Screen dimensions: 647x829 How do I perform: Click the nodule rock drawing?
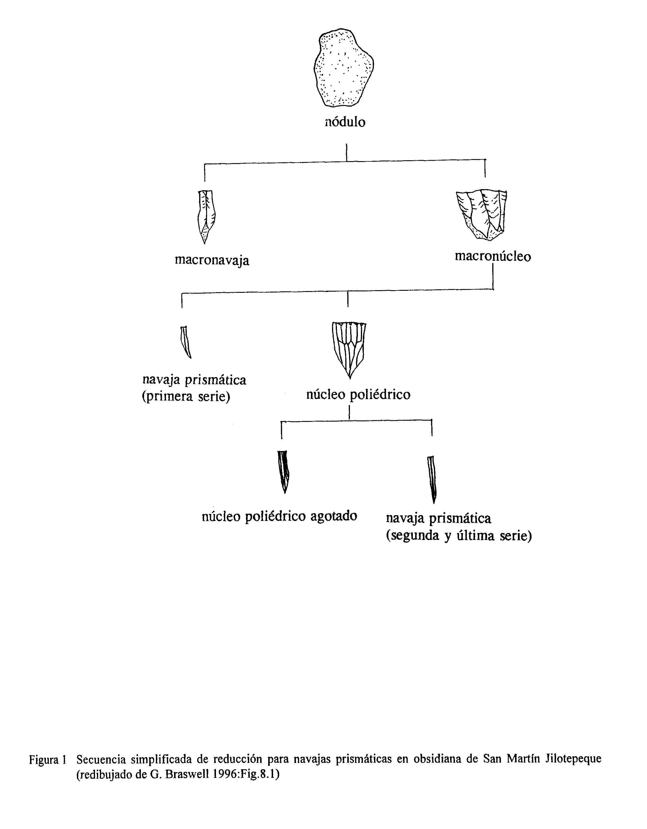[x=344, y=67]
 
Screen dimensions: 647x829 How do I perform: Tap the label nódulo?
[x=345, y=122]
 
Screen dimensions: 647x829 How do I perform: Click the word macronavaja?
[x=212, y=260]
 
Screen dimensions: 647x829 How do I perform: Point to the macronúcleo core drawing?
[x=482, y=215]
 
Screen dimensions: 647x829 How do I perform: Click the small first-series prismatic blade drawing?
[x=186, y=342]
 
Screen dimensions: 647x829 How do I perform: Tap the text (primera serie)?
[x=186, y=397]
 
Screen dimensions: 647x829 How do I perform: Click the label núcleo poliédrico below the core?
[x=358, y=394]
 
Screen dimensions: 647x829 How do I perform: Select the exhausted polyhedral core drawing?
[x=284, y=472]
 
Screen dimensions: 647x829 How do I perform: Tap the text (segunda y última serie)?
[x=459, y=536]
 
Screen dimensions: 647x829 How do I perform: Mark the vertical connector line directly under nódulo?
[x=346, y=152]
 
